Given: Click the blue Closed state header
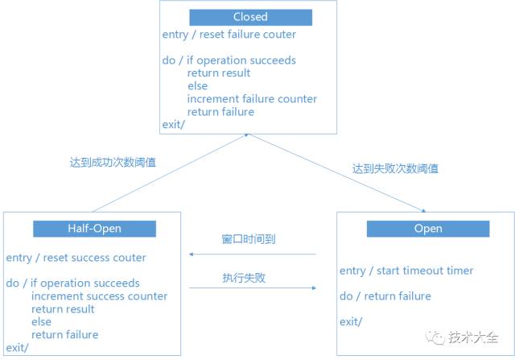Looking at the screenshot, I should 249,17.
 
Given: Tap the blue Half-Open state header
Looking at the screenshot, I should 94,229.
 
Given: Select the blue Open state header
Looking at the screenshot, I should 427,229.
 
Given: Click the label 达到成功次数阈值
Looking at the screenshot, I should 113,162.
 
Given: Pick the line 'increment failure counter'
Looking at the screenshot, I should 252,99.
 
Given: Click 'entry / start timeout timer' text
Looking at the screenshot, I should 406,271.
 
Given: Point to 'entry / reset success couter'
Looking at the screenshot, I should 76,258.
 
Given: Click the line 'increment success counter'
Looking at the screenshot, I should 100,296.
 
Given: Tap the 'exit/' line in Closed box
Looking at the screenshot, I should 173,125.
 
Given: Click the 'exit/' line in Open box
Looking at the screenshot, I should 351,322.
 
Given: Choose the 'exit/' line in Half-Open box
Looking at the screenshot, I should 17,348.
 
